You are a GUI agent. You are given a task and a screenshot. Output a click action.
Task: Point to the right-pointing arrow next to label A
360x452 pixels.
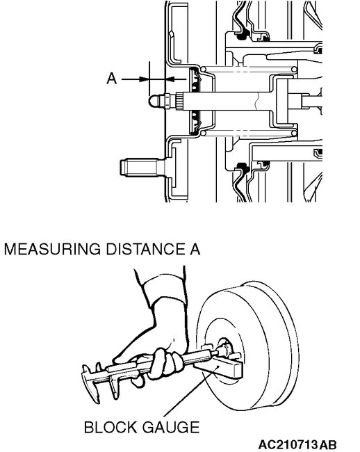point(136,79)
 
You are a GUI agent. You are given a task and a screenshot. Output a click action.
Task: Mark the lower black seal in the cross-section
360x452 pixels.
point(244,167)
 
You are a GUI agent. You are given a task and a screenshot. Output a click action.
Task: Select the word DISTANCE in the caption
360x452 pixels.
point(143,248)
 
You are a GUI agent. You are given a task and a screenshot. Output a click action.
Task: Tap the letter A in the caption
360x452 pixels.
point(194,248)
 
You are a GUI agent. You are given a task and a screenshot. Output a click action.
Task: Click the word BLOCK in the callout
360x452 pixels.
point(107,426)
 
